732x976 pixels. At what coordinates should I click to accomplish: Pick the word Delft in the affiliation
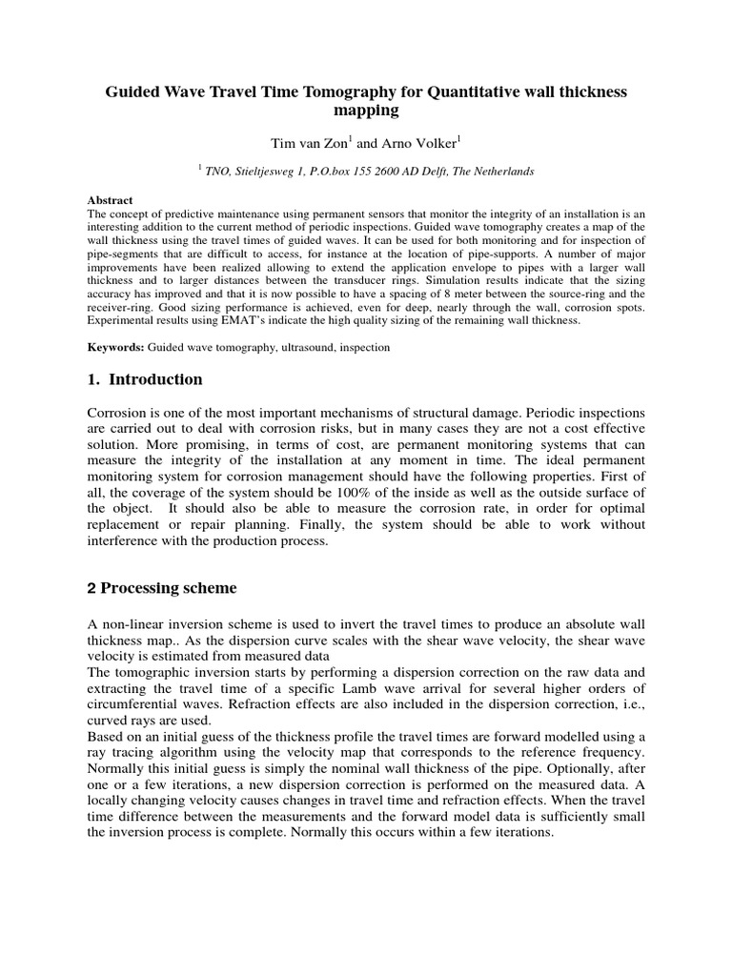[x=431, y=172]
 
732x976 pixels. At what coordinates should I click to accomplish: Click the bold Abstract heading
[x=111, y=201]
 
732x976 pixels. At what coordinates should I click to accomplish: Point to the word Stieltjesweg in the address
[x=283, y=172]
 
